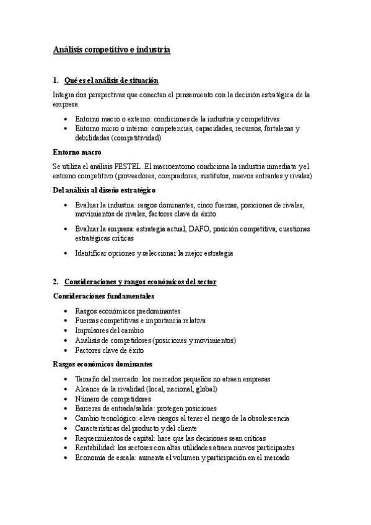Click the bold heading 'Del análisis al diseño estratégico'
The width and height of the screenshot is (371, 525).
104,190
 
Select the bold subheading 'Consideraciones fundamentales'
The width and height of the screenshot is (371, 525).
103,296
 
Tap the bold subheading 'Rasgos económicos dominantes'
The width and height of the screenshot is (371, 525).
102,364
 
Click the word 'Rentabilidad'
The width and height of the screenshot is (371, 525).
94,447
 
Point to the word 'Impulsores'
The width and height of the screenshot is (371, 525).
93,331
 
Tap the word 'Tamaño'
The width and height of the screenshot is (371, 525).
87,379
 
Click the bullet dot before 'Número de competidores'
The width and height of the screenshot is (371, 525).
66,399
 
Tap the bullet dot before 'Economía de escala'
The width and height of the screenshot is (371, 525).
66,458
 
